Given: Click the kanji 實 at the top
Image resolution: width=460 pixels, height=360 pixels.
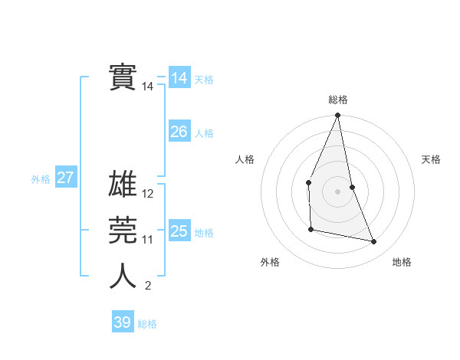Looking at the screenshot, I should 123,77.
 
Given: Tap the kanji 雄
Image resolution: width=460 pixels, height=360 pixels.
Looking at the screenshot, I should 123,185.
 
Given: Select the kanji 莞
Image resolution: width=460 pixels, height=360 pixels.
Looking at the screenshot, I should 123,231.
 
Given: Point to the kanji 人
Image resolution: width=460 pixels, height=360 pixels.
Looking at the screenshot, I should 123,277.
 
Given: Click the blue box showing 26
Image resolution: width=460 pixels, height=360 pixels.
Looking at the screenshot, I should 179,132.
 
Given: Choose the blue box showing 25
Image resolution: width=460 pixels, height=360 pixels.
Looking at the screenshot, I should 179,231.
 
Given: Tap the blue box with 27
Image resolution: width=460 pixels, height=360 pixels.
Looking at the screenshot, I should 66,178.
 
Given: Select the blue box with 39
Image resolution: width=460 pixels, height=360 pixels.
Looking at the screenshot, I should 123,322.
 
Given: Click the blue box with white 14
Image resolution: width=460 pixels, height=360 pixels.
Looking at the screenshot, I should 179,78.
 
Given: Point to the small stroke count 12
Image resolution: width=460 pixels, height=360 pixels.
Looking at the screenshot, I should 148,194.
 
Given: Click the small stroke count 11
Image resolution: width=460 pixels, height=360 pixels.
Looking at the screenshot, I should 148,240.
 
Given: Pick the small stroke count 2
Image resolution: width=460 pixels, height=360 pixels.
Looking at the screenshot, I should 148,286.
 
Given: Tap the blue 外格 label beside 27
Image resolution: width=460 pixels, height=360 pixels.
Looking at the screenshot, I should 41,179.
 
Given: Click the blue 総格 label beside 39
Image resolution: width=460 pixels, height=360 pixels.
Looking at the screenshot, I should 147,324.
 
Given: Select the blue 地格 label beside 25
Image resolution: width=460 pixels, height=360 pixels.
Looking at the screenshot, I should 204,233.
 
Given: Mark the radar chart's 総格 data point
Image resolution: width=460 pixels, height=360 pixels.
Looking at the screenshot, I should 337,116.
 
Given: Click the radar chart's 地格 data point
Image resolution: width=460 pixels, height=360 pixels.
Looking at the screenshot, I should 374,242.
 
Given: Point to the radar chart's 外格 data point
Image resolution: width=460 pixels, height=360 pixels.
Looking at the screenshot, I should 310,229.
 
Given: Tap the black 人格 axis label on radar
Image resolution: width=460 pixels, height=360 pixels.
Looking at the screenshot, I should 245,159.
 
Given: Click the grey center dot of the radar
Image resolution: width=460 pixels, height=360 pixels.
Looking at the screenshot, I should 337,191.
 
